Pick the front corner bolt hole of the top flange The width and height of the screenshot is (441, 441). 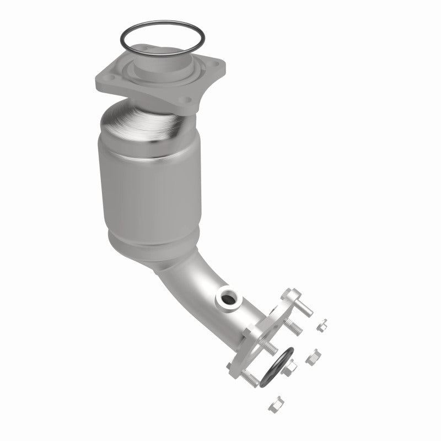[x=187, y=100]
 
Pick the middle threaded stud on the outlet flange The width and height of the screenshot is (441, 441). [x=270, y=347]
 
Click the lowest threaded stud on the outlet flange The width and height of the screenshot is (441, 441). [x=248, y=377]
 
